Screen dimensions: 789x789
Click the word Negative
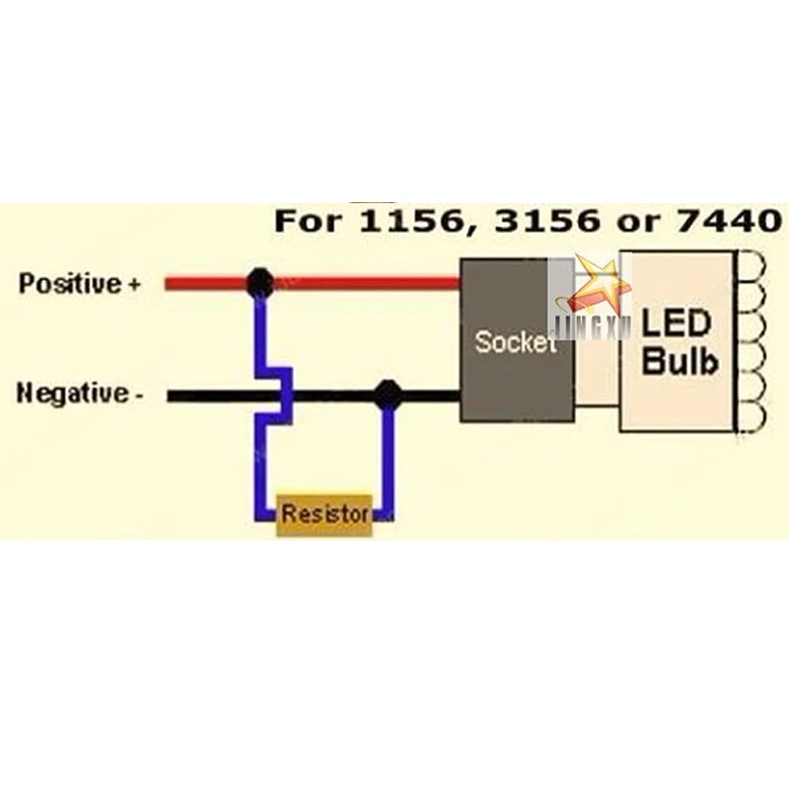pos(73,395)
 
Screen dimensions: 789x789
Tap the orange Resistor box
pos(324,515)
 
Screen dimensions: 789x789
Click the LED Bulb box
pos(679,341)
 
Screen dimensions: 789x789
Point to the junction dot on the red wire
pos(259,283)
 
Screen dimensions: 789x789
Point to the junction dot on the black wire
pos(388,395)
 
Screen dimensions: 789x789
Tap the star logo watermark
pos(598,286)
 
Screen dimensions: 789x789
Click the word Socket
pos(515,343)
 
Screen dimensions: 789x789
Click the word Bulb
pos(680,361)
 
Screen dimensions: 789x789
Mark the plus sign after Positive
pos(134,285)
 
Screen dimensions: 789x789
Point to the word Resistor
pos(324,515)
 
